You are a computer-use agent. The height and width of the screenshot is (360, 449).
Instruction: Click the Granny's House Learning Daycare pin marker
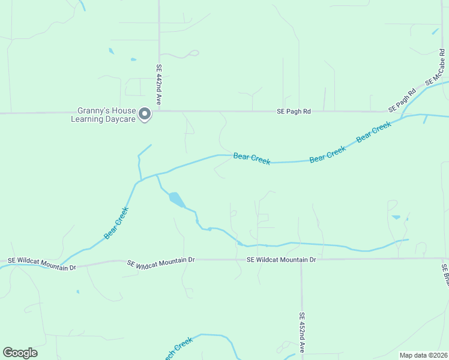pos(144,113)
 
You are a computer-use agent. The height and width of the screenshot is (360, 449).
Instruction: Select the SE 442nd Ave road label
pos(160,85)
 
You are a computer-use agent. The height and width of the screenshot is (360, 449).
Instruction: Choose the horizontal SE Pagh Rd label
pos(294,111)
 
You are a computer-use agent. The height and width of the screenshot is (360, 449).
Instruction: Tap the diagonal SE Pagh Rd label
pos(402,101)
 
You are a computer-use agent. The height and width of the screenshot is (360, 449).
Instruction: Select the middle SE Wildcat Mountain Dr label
pos(161,260)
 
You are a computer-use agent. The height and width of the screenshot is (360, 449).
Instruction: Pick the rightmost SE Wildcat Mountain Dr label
pos(281,260)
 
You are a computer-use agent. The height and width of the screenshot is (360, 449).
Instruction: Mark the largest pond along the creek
pos(176,199)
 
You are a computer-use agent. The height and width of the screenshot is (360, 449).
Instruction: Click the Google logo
pos(20,352)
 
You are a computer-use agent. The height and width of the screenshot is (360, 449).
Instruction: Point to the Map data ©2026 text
pos(423,355)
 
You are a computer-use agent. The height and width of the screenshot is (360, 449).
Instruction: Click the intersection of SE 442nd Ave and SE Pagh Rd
pos(159,111)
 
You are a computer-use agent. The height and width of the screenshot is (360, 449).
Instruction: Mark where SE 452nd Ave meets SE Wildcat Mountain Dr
pos(301,259)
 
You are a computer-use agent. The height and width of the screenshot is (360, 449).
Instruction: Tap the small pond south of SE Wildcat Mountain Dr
pos(77,292)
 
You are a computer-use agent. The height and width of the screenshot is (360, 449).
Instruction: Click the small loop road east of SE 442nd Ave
pos(192,53)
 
